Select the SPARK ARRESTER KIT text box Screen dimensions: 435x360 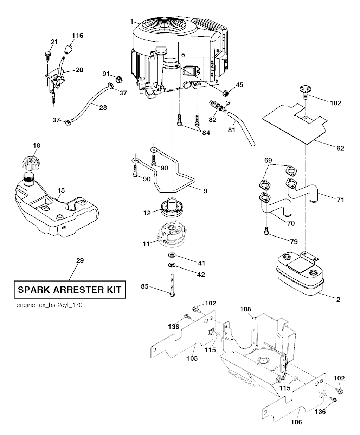point(69,290)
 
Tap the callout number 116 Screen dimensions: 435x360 point(78,36)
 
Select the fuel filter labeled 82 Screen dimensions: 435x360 point(217,105)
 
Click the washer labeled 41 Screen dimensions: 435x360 point(172,254)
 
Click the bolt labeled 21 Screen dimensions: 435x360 point(47,55)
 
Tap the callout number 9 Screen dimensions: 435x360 point(205,191)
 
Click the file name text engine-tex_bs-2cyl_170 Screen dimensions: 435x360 point(49,305)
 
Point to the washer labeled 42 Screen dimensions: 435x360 point(172,264)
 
